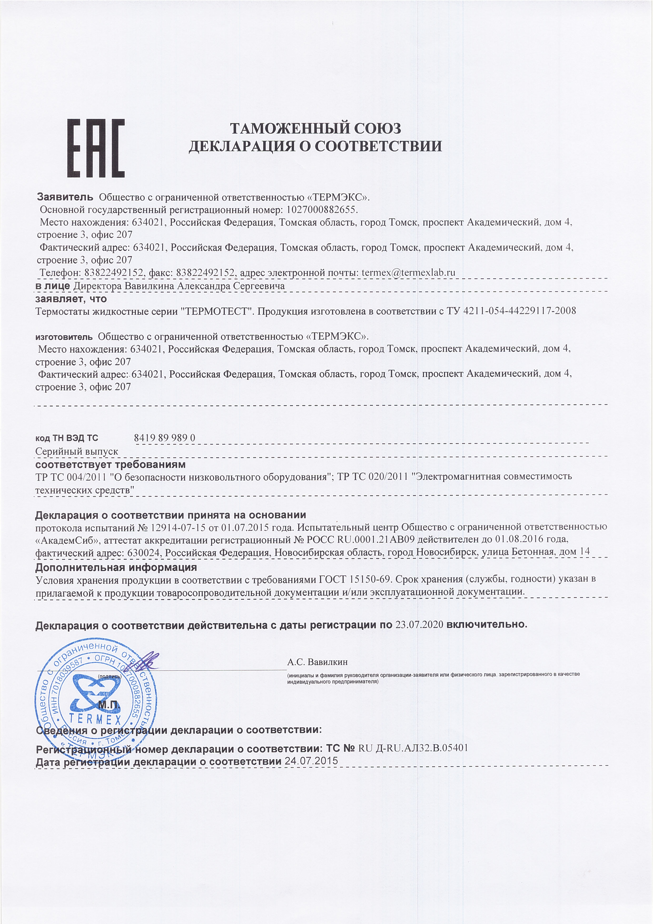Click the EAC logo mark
(96, 148)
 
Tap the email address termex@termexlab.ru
(408, 272)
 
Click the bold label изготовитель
(64, 336)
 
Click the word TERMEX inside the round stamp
(95, 719)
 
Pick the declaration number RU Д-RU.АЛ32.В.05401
(413, 748)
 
